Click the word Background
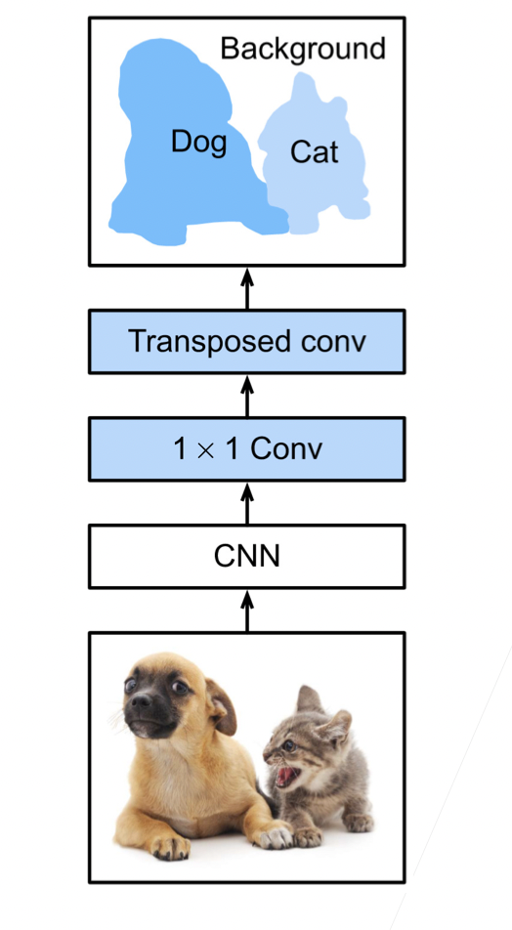[x=303, y=49]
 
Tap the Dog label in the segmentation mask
[x=198, y=143]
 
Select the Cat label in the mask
[x=315, y=152]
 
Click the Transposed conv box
[x=247, y=342]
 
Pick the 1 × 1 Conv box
[x=247, y=449]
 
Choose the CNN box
[x=247, y=557]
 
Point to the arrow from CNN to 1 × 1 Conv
[x=247, y=503]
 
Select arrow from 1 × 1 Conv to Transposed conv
[x=247, y=396]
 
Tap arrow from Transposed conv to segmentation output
[x=247, y=287]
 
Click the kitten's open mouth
[x=289, y=776]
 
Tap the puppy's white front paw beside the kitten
[x=275, y=835]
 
